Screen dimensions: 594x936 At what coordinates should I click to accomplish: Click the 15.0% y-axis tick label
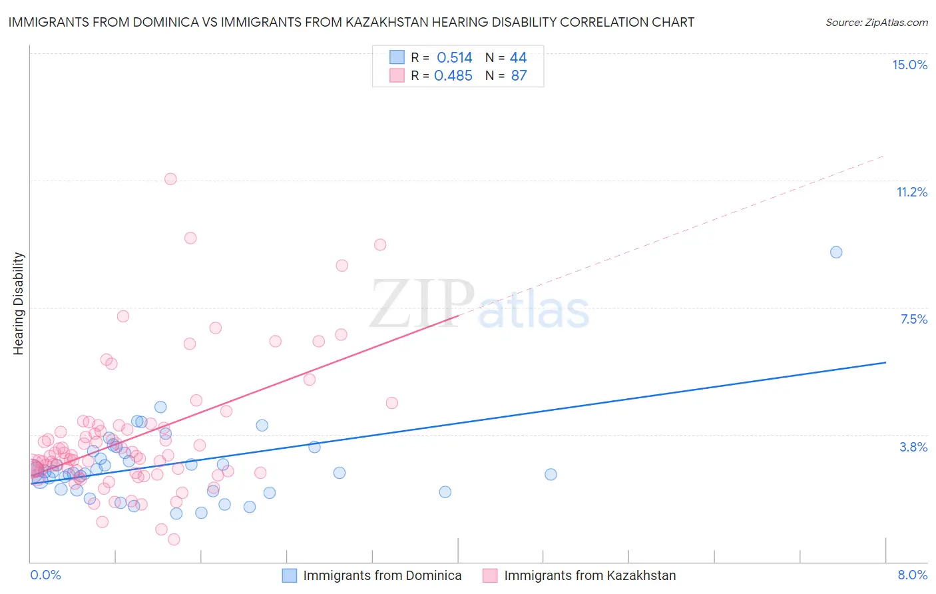(x=909, y=65)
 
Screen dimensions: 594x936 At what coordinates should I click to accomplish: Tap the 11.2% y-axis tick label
(x=911, y=192)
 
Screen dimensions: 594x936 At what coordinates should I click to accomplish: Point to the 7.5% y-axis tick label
(x=913, y=319)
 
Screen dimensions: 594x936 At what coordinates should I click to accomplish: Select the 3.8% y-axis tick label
(x=913, y=447)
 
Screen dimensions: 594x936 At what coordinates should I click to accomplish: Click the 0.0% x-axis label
(x=45, y=575)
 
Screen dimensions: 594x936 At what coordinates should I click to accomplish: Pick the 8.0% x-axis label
(x=912, y=575)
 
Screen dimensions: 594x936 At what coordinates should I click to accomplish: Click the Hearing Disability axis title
(x=19, y=304)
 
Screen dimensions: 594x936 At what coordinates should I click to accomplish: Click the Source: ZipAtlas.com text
(x=876, y=22)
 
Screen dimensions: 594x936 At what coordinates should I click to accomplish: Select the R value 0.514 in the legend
(x=454, y=58)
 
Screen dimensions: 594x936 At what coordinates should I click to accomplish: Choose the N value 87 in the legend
(x=519, y=76)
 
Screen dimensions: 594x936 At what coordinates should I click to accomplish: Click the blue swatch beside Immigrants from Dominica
(x=290, y=575)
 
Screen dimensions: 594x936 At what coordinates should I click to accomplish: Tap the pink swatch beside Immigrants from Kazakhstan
(x=490, y=575)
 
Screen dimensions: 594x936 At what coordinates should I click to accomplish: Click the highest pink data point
(x=170, y=178)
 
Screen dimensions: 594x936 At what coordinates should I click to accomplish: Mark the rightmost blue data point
(x=836, y=252)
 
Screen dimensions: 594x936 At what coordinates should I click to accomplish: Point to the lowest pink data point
(x=174, y=539)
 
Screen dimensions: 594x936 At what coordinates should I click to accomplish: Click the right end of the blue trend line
(x=885, y=362)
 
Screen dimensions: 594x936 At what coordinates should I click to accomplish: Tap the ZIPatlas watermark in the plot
(x=479, y=305)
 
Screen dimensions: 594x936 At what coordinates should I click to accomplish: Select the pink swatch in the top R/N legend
(x=397, y=75)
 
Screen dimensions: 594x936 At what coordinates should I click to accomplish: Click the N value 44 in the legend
(x=518, y=58)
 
